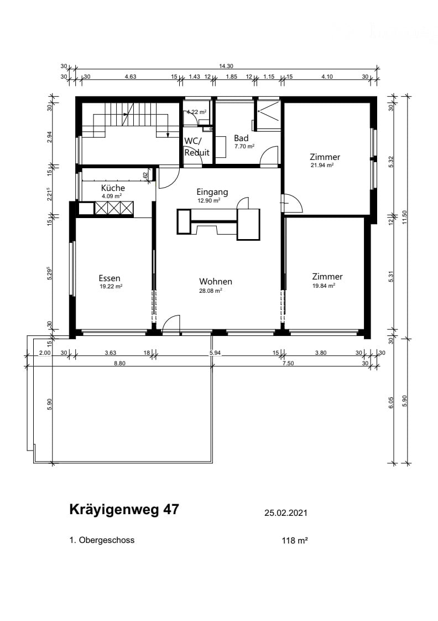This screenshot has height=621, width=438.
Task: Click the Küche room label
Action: pyautogui.click(x=113, y=188)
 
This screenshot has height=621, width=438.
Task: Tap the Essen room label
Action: pyautogui.click(x=109, y=278)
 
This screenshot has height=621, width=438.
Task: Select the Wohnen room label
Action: pyautogui.click(x=216, y=282)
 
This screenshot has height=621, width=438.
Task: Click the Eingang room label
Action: pyautogui.click(x=212, y=192)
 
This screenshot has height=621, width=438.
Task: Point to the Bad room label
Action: pyautogui.click(x=241, y=138)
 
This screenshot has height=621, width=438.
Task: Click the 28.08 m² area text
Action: pyautogui.click(x=211, y=291)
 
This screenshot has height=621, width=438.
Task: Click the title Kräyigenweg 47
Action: pyautogui.click(x=124, y=510)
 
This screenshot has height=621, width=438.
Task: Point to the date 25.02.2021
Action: pyautogui.click(x=286, y=513)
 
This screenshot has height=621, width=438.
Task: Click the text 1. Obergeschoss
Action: pyautogui.click(x=102, y=540)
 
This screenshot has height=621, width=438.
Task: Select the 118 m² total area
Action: pyautogui.click(x=295, y=541)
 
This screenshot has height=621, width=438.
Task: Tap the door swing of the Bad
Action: pyautogui.click(x=269, y=156)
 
